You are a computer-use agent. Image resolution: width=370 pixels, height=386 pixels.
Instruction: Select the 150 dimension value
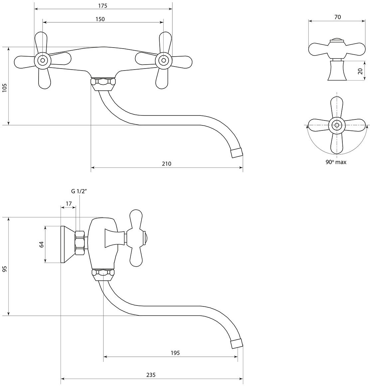100,19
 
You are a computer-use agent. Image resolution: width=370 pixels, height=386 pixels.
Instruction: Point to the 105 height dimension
5,88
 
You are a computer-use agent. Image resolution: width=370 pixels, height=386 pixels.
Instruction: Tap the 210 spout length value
166,163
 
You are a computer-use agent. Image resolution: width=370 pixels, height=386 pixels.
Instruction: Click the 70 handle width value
337,17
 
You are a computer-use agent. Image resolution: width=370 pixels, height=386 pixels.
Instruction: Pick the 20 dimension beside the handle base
360,71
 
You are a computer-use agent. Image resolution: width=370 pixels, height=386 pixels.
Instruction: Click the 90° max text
336,162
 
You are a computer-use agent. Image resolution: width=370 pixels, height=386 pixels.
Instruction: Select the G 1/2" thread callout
79,191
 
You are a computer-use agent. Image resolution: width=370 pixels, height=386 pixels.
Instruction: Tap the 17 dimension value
69,203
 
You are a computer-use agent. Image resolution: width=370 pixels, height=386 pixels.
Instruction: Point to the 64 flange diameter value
41,244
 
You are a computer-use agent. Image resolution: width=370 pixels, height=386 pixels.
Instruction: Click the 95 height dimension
5,269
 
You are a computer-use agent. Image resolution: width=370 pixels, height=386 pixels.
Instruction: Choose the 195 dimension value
175,353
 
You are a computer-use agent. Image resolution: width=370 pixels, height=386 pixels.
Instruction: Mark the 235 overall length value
150,375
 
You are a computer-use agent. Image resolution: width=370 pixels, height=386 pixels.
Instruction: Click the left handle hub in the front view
43,60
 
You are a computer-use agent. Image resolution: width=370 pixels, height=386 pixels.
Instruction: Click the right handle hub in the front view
163,60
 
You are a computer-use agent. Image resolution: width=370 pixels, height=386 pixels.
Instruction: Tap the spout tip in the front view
236,153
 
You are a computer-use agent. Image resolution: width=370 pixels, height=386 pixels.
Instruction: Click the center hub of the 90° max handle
337,125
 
